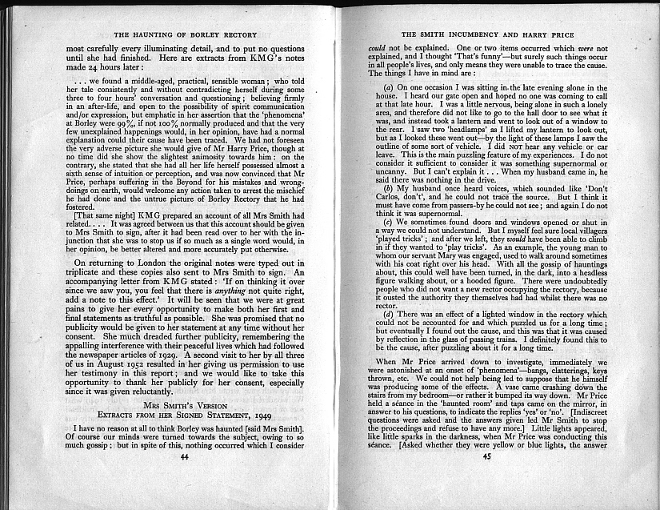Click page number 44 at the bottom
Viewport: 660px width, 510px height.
click(x=184, y=478)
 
